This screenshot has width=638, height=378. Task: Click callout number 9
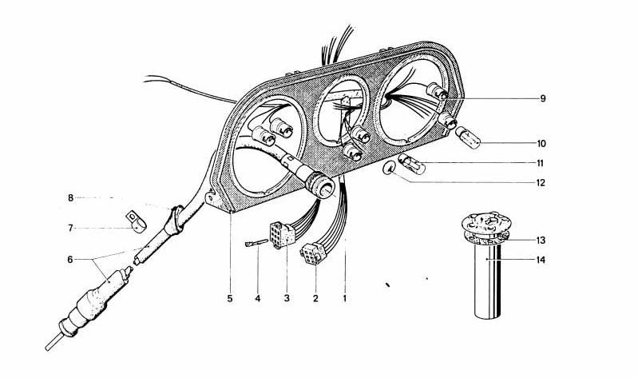pyautogui.click(x=542, y=99)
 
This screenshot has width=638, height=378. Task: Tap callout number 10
pyautogui.click(x=542, y=145)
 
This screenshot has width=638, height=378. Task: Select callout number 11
pyautogui.click(x=542, y=164)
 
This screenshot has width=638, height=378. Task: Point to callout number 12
pyautogui.click(x=542, y=182)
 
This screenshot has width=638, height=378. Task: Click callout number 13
pyautogui.click(x=542, y=240)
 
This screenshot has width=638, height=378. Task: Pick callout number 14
pyautogui.click(x=542, y=260)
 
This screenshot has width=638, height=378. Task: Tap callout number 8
pyautogui.click(x=70, y=197)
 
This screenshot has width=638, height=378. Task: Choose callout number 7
pyautogui.click(x=70, y=228)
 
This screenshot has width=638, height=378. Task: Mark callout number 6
pyautogui.click(x=70, y=259)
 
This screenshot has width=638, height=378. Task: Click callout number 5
pyautogui.click(x=230, y=299)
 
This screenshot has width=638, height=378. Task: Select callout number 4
pyautogui.click(x=258, y=299)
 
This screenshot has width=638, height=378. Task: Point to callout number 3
pyautogui.click(x=287, y=299)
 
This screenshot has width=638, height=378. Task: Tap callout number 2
pyautogui.click(x=315, y=299)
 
